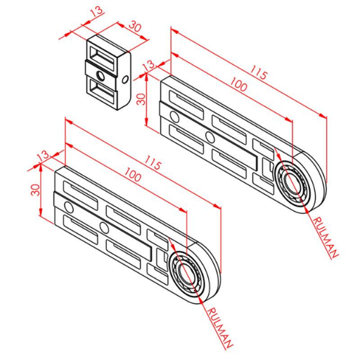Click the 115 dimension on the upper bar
(x=259, y=72)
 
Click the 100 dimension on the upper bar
(x=238, y=84)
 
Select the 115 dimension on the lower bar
(x=153, y=162)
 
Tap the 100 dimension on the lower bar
(x=133, y=174)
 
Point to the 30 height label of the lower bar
(x=36, y=190)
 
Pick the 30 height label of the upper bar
(x=141, y=99)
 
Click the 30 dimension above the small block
(x=135, y=26)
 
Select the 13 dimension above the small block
(x=97, y=11)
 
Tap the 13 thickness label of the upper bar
(x=149, y=65)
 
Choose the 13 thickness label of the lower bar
(x=44, y=155)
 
